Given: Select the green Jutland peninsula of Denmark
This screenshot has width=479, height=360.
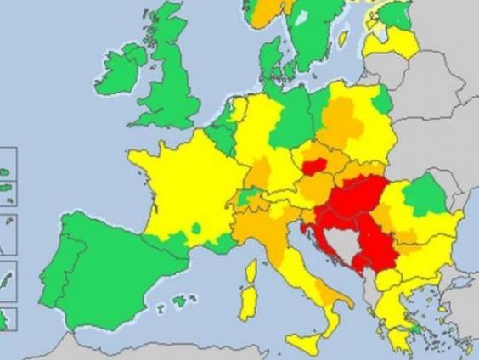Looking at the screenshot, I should pyautogui.click(x=269, y=64).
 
